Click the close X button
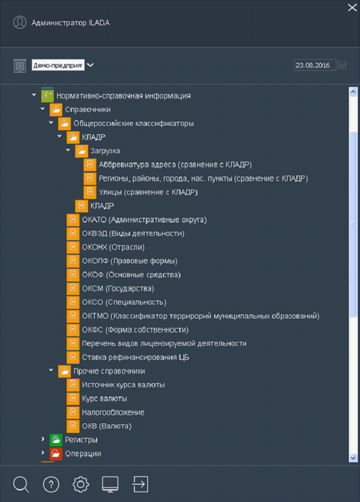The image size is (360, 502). pos(352,7)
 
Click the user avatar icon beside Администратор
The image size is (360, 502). pos(20,22)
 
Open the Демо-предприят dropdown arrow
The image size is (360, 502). pos(91,65)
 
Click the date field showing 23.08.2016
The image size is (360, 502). pos(315,65)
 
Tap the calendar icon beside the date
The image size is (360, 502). pos(342,65)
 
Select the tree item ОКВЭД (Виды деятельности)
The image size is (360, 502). pos(133,233)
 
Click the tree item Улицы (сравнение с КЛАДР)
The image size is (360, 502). pos(148,192)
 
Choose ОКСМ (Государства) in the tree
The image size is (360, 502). pos(118,288)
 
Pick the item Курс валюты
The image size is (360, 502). pos(104,399)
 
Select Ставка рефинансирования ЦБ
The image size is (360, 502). pos(135,357)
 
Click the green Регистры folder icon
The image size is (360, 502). pos(56,440)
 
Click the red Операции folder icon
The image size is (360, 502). pos(56,454)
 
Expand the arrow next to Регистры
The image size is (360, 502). pos(43,439)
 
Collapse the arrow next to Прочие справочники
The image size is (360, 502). pos(51,370)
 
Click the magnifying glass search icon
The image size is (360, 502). pos(21,484)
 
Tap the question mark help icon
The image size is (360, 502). pos(51,484)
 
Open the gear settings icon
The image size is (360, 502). pos(80,484)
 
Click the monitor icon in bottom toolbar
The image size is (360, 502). pos(110,484)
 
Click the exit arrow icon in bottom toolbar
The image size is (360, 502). pos(140,484)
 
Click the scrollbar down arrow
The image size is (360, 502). pos(353,458)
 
